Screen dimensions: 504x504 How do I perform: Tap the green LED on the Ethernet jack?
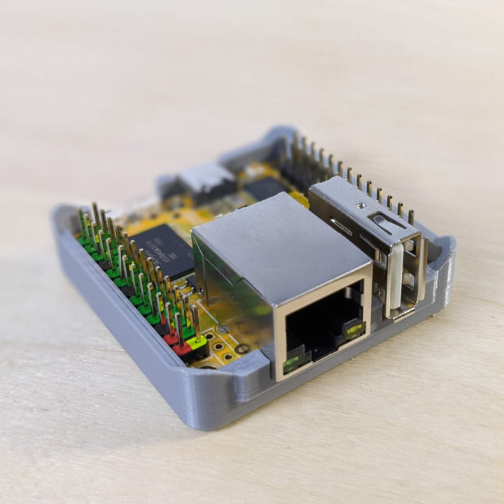point(294,362)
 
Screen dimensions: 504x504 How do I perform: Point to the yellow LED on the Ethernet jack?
point(354,328)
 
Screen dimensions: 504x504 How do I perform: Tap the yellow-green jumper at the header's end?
point(197,342)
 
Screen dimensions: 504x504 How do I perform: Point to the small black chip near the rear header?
point(265,188)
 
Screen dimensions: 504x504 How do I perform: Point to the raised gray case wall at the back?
point(280,136)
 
